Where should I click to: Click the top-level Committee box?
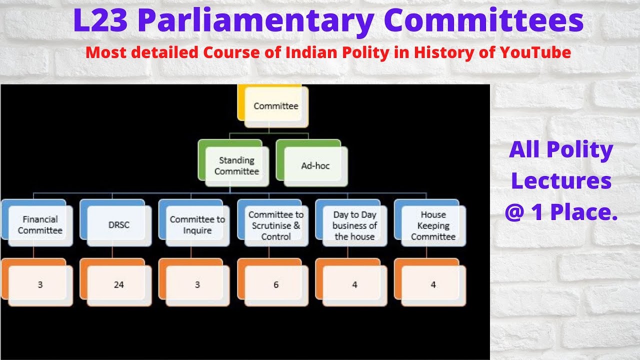coord(275,106)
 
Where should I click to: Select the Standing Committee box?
coord(236,166)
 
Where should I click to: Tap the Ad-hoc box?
coord(315,166)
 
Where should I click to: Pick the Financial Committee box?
coord(40,225)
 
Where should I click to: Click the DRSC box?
coord(118,225)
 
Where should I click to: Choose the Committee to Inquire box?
coord(197,225)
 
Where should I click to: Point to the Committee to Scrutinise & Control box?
coord(276,225)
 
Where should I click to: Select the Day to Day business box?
coord(354,225)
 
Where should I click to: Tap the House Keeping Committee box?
coord(433,225)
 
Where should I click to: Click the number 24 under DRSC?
coord(118,284)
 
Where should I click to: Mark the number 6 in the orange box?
coord(276,284)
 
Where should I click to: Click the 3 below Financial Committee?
coord(40,284)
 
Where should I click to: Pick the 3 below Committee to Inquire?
coord(197,284)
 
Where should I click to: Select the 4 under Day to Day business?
coord(354,284)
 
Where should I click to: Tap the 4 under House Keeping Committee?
coord(433,284)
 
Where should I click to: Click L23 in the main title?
coord(101,21)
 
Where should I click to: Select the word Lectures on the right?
coord(561,181)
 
